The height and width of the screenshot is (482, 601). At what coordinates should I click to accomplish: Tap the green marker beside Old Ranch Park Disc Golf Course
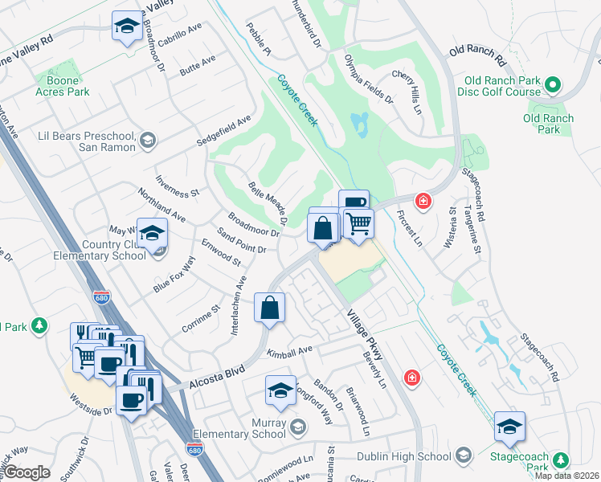[553, 84]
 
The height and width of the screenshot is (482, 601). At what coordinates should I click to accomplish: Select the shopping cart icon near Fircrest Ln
[359, 223]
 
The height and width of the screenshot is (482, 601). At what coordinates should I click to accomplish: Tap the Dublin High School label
[413, 457]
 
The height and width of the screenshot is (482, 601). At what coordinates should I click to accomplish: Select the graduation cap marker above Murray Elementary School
[280, 391]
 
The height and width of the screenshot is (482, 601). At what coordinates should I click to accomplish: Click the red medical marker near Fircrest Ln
[421, 200]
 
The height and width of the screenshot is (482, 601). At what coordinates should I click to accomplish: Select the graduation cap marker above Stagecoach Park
[509, 427]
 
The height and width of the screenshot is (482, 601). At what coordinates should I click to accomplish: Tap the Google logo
[27, 472]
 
